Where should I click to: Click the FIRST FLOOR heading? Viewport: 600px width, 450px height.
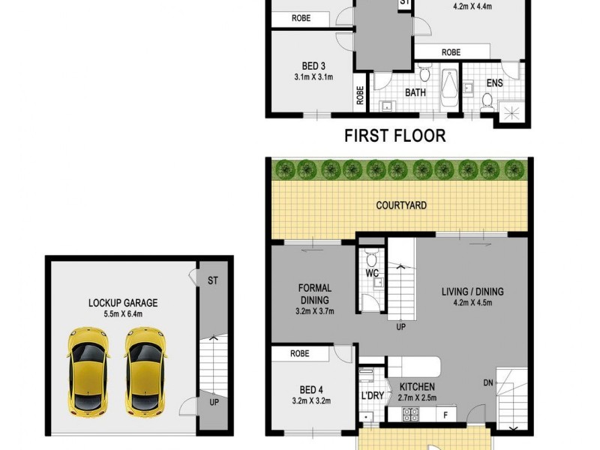(394, 136)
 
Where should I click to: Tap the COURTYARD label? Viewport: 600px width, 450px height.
(401, 205)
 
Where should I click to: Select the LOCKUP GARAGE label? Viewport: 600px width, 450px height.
(123, 303)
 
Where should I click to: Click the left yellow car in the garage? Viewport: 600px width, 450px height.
(88, 370)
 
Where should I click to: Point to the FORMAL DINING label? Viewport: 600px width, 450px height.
(315, 293)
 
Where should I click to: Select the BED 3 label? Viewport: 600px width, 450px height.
(313, 66)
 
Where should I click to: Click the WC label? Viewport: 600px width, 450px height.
(372, 274)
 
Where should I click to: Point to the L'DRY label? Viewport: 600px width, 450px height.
(372, 395)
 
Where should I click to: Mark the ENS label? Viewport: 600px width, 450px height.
(494, 83)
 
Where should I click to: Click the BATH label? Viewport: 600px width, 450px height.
(415, 93)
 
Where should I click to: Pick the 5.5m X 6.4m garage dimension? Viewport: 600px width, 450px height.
(123, 315)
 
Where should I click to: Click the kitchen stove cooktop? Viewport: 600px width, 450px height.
(411, 413)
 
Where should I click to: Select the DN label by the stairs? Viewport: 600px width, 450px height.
(488, 382)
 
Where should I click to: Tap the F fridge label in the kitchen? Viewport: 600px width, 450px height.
(445, 413)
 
